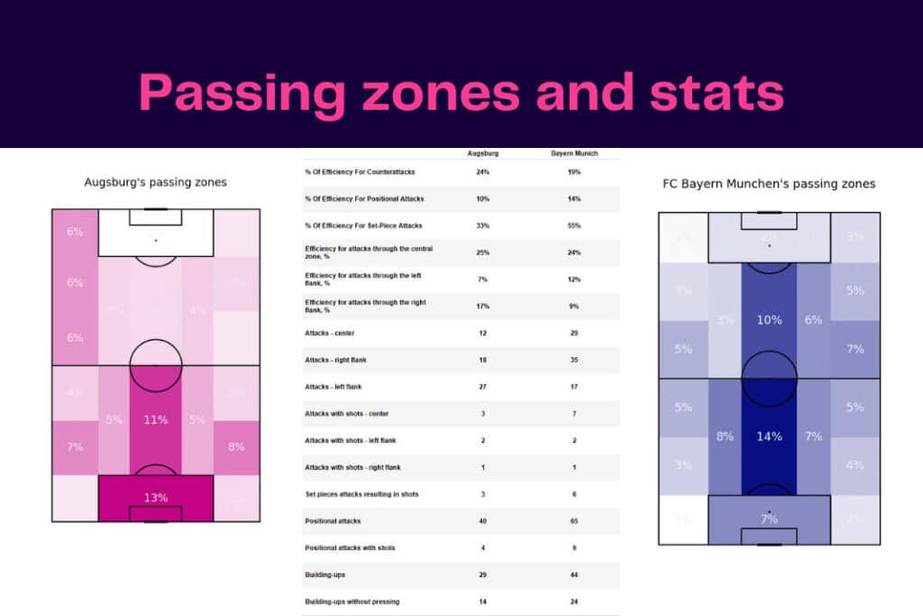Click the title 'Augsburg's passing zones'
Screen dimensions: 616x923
coord(155,182)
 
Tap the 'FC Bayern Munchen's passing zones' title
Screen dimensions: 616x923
coord(768,184)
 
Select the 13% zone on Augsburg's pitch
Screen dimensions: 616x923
coord(155,498)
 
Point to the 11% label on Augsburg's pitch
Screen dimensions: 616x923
coord(155,419)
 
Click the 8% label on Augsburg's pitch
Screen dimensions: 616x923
coord(236,446)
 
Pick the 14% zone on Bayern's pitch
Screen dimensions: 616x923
coord(769,437)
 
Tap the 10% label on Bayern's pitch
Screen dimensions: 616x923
coord(769,320)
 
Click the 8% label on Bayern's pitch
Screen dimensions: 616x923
coord(725,437)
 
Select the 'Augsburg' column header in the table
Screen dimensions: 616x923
coord(484,154)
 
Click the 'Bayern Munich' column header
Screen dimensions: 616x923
coord(574,154)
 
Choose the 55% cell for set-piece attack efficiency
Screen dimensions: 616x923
coord(574,225)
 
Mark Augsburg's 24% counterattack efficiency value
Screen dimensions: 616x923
coord(484,171)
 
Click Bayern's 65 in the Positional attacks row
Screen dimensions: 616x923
coord(574,521)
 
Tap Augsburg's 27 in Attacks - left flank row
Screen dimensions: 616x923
coord(484,387)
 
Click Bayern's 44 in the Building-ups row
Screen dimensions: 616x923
coord(574,575)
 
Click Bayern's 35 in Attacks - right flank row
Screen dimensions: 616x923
coord(574,360)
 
